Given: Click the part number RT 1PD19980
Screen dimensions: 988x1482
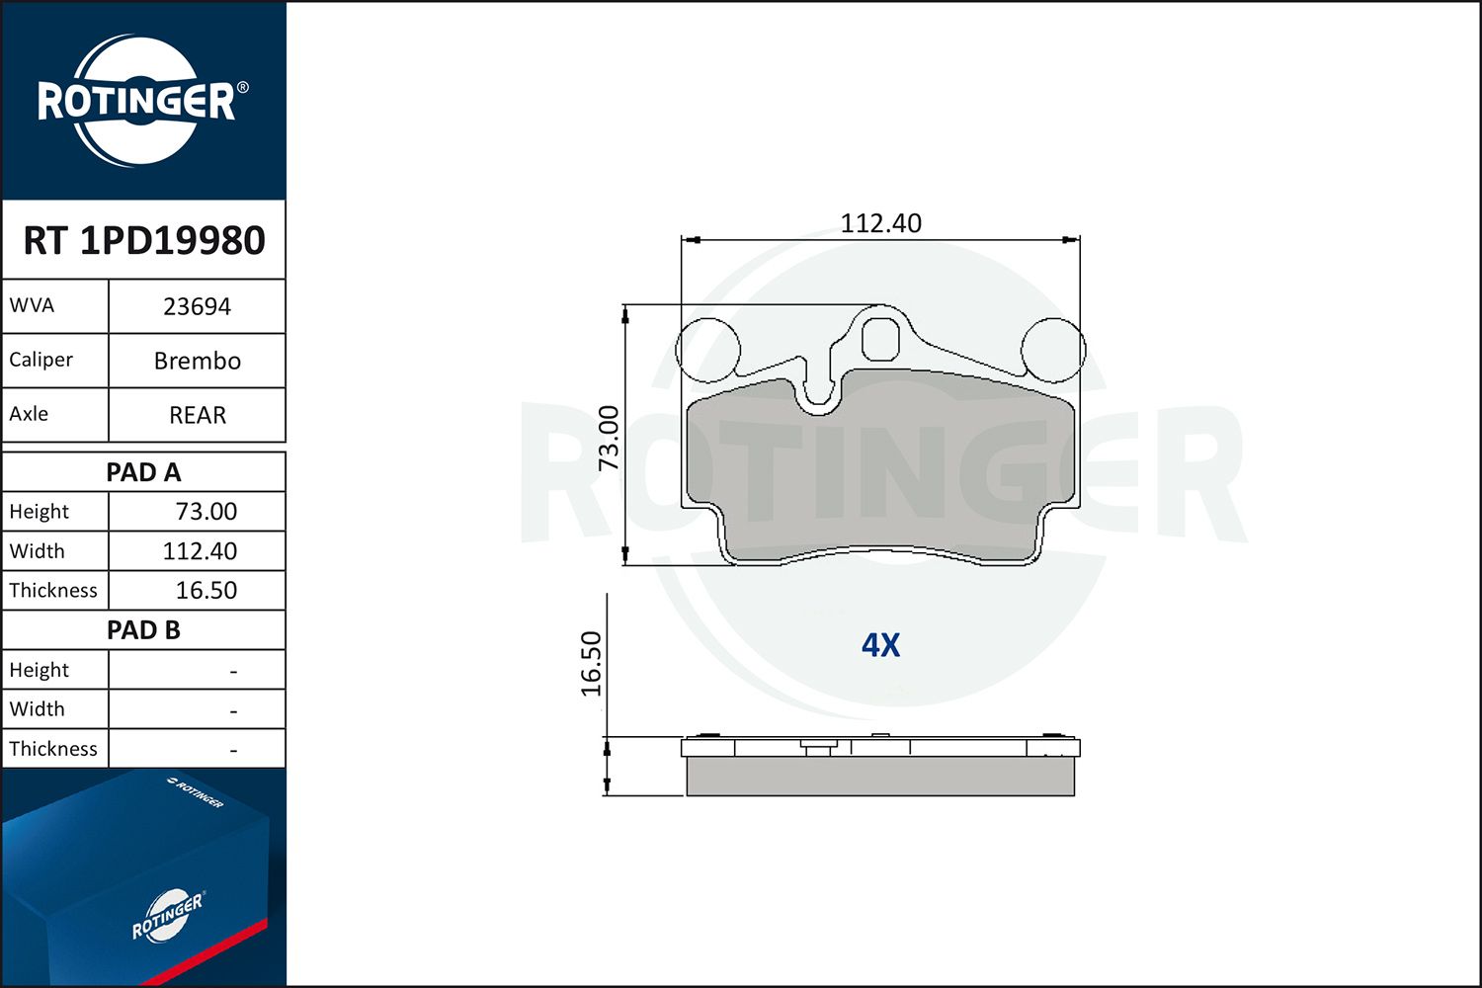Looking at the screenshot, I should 144,241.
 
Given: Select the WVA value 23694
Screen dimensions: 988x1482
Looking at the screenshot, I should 197,307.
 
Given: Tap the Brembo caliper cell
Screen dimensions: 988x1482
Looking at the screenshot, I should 197,362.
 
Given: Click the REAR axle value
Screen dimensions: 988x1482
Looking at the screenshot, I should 197,416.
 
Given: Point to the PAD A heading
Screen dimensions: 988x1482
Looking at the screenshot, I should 143,472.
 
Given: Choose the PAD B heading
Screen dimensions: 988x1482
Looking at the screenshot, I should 143,630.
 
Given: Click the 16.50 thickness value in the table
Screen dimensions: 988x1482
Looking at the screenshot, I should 206,591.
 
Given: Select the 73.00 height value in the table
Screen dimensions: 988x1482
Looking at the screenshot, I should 206,512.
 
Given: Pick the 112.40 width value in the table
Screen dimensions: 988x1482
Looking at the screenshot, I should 200,551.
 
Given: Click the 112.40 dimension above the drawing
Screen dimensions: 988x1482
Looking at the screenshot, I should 880,223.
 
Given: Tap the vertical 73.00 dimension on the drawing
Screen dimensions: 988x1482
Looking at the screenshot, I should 609,438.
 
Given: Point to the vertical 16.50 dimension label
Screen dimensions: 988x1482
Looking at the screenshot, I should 591,664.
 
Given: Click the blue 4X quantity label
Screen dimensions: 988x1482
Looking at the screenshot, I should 880,645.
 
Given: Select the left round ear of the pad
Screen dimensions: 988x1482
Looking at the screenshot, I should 707,349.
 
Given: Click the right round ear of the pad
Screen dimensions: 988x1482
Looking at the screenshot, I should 1052,349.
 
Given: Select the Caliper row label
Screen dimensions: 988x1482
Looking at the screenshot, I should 41,361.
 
